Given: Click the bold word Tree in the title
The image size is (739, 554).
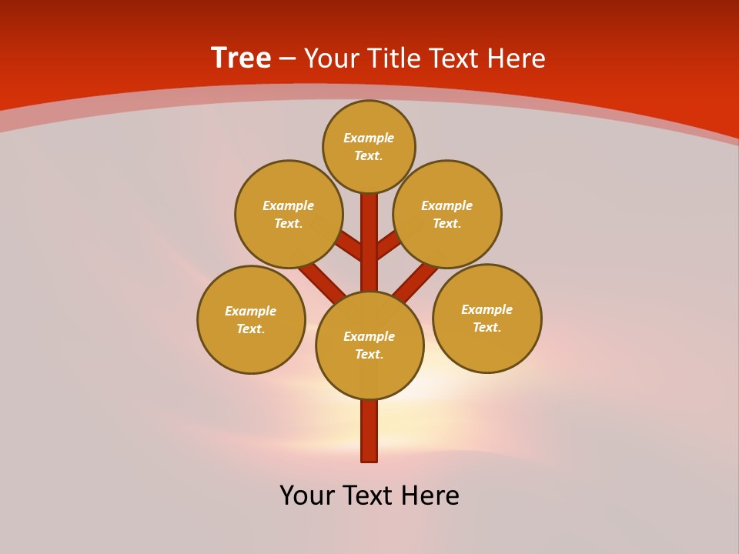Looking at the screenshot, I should [x=241, y=58].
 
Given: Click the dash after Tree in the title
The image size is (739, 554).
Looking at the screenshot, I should [x=287, y=58].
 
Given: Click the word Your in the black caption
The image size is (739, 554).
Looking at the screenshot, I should [x=307, y=496].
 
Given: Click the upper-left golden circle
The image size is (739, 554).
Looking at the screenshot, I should [x=289, y=215].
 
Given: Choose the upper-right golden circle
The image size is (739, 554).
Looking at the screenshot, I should [x=447, y=215].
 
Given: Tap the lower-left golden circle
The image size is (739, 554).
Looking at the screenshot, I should [x=251, y=320].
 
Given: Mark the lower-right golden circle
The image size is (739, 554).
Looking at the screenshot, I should [x=487, y=319].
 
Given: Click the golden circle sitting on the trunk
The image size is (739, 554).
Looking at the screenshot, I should [x=369, y=345].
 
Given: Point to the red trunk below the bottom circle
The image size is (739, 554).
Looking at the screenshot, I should [x=369, y=431].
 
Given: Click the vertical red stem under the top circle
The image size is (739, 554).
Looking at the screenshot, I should [x=369, y=231].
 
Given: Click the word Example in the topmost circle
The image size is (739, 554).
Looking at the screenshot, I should [x=369, y=138].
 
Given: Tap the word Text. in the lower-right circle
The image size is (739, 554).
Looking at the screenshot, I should [x=487, y=328].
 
